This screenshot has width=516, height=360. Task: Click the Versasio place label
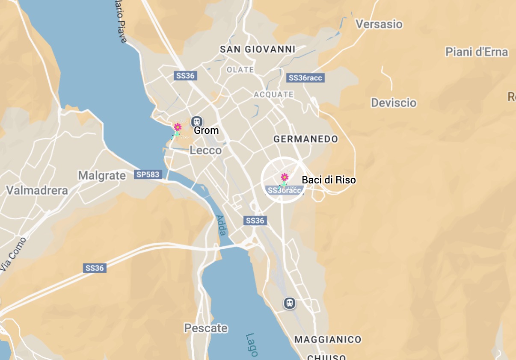point(379,24)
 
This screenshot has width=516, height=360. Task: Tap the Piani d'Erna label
point(476,52)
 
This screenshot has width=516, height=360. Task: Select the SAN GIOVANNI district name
point(258,49)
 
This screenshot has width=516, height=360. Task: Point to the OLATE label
point(240,70)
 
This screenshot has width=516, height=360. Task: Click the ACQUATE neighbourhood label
point(274,94)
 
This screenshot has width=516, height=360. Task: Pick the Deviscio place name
point(394,103)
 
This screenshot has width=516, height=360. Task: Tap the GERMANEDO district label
point(305,139)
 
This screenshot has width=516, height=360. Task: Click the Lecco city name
point(206,150)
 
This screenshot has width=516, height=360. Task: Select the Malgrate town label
point(102,175)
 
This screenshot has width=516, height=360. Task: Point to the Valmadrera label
point(37,190)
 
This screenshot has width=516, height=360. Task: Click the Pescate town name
point(206,328)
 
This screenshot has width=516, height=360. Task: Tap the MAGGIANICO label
point(328,339)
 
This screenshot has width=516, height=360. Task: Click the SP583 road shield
point(148,174)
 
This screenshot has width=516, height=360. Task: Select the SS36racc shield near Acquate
point(305,78)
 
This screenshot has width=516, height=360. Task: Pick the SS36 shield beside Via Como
point(95,268)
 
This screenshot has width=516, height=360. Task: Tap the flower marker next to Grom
point(178,127)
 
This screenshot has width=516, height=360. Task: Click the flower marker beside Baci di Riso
point(284,177)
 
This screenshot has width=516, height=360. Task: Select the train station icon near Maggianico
point(290,303)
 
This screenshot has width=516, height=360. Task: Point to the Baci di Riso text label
point(329,180)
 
